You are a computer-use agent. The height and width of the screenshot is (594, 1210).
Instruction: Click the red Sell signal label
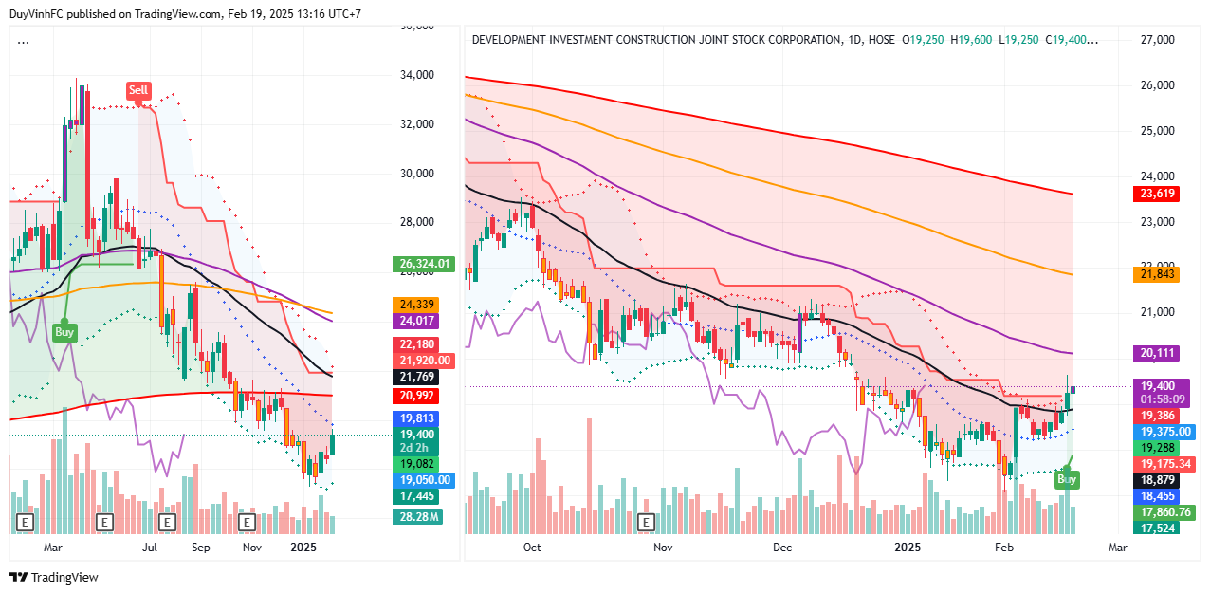[138, 90]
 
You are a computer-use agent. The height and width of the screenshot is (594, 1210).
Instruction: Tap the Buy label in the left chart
[64, 332]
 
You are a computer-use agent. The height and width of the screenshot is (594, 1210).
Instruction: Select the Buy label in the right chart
[1067, 480]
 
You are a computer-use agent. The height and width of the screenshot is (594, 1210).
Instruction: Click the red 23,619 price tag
[1157, 194]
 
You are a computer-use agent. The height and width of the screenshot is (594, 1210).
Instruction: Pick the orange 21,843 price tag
[1157, 274]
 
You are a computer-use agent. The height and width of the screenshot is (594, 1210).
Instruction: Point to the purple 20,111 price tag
[1157, 353]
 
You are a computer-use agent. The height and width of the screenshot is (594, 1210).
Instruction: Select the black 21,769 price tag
[417, 377]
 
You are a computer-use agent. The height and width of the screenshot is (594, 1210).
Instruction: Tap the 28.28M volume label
[417, 516]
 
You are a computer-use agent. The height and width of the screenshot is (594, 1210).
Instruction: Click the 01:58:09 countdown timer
[1157, 399]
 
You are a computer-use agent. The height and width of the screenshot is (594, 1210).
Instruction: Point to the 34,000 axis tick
[418, 75]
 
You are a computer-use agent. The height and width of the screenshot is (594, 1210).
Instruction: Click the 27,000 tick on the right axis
[1157, 40]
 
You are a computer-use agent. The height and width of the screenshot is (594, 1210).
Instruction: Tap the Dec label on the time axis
[782, 548]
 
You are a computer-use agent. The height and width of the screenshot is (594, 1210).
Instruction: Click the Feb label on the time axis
[1004, 548]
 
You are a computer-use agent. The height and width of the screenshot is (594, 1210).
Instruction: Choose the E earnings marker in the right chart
[647, 522]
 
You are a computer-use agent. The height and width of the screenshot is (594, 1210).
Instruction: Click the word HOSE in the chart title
[881, 40]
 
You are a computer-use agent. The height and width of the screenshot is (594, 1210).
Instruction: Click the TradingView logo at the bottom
[54, 577]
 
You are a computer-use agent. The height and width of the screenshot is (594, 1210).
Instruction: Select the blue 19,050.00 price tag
[424, 480]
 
